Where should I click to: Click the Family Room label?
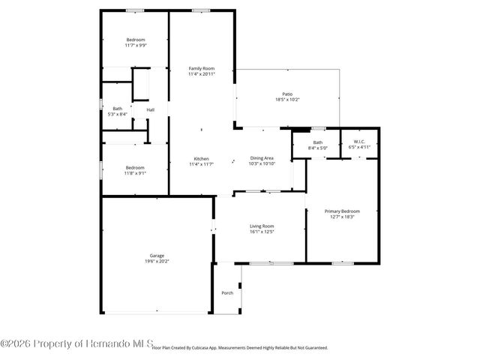click(201, 68)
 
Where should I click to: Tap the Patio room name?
click(287, 94)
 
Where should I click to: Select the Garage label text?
click(156, 256)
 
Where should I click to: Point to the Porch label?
click(226, 292)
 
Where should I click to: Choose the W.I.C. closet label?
click(359, 142)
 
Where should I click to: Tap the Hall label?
click(151, 110)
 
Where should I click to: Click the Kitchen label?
click(201, 158)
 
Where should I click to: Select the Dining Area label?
click(262, 158)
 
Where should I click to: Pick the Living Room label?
click(262, 226)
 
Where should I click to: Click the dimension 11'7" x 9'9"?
click(136, 45)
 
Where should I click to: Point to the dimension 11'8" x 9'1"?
click(136, 172)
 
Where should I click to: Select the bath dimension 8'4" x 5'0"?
click(317, 147)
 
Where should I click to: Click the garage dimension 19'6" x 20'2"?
click(156, 262)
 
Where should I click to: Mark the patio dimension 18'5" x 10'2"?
click(287, 100)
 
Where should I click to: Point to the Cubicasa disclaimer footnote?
click(240, 348)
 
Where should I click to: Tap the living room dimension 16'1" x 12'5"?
click(262, 231)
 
